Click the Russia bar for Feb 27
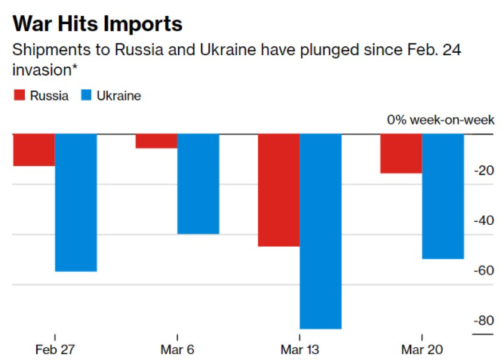point(34,149)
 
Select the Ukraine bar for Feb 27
point(75,202)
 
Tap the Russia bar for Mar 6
point(156,140)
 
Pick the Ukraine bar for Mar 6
point(198,183)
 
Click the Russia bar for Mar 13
point(278,189)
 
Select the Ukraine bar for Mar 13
point(320,231)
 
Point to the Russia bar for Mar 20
point(401,153)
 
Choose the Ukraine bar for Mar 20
point(442,196)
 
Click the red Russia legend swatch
point(20,96)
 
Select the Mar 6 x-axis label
point(177,349)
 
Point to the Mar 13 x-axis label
point(300,349)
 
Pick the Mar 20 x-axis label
point(422,349)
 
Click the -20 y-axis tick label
point(484,171)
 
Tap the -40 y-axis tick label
point(484,221)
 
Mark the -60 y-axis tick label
point(484,271)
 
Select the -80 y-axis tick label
point(484,321)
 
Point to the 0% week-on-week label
point(441,120)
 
